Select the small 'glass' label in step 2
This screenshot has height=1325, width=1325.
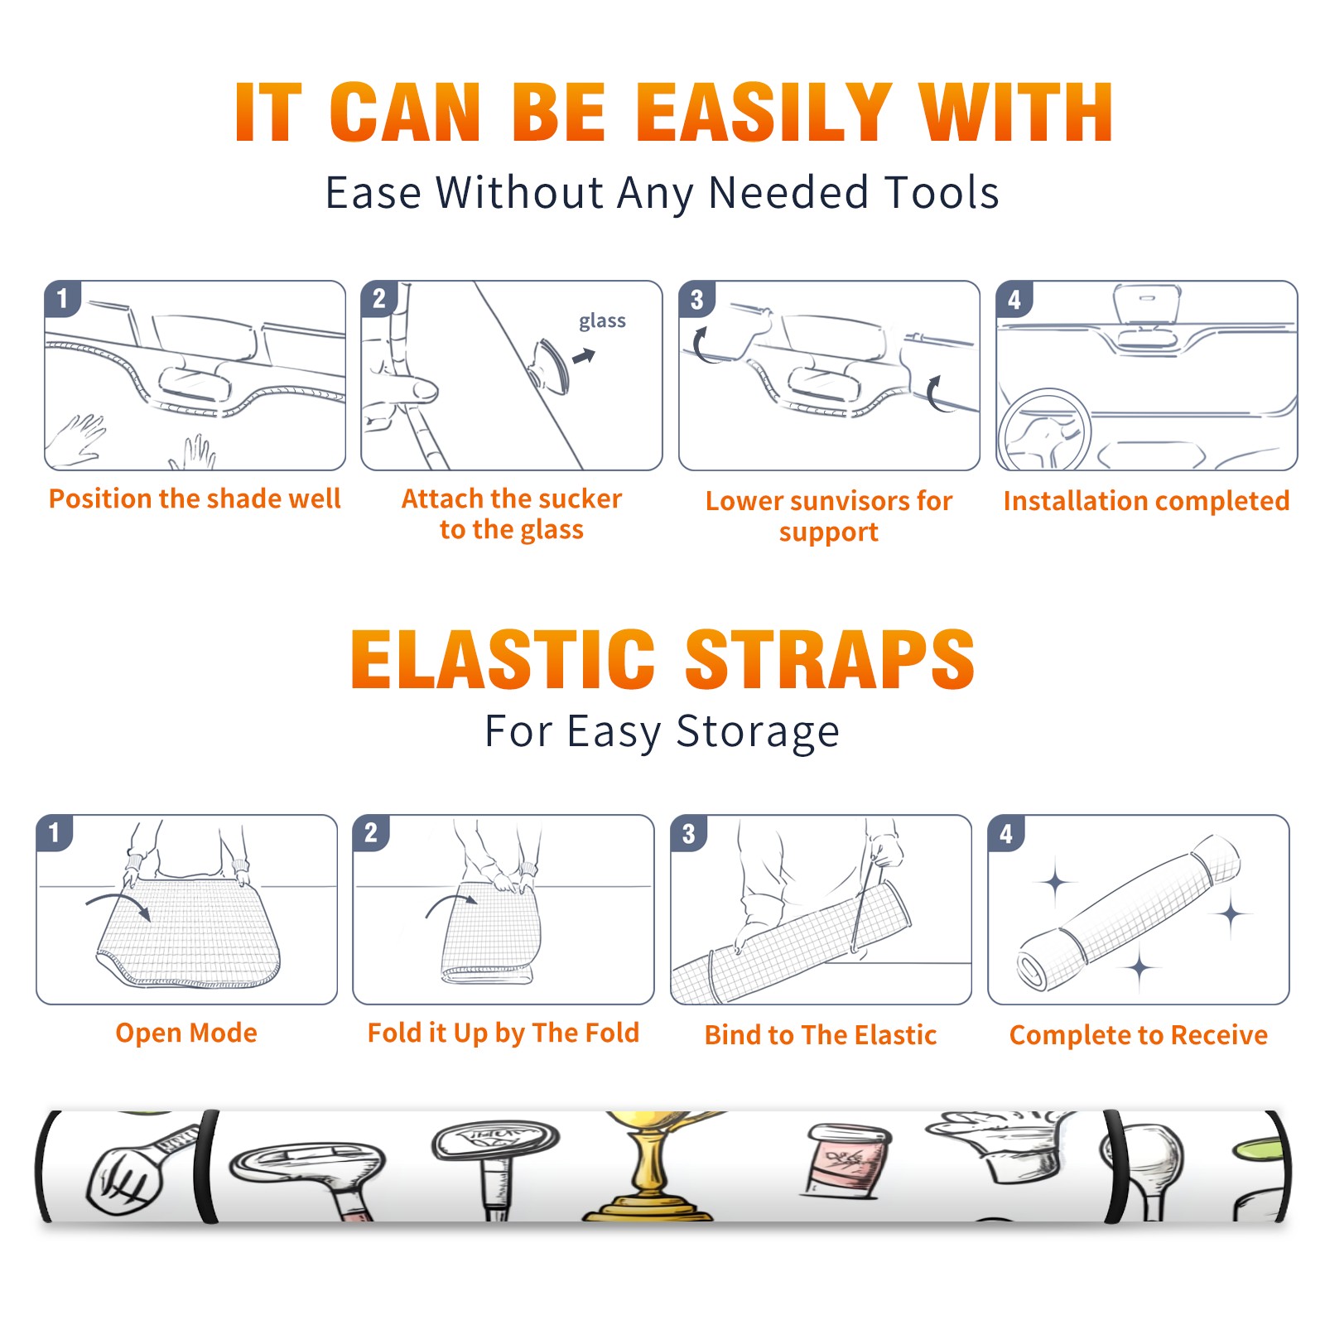(x=602, y=321)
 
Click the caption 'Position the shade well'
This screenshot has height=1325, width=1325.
(x=195, y=499)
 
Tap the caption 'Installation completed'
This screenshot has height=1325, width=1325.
(x=1146, y=501)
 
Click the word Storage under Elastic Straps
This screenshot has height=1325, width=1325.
(x=758, y=732)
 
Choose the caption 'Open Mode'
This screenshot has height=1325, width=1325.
(x=186, y=1033)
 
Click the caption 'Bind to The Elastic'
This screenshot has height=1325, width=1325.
(x=820, y=1035)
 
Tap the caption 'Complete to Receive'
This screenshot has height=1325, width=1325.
(x=1138, y=1035)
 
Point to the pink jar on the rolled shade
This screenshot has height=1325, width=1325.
(x=846, y=1159)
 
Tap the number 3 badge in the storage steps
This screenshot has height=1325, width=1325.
(x=688, y=834)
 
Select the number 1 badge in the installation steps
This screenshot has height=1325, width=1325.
(x=62, y=298)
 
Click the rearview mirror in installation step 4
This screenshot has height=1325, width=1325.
(x=1147, y=305)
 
